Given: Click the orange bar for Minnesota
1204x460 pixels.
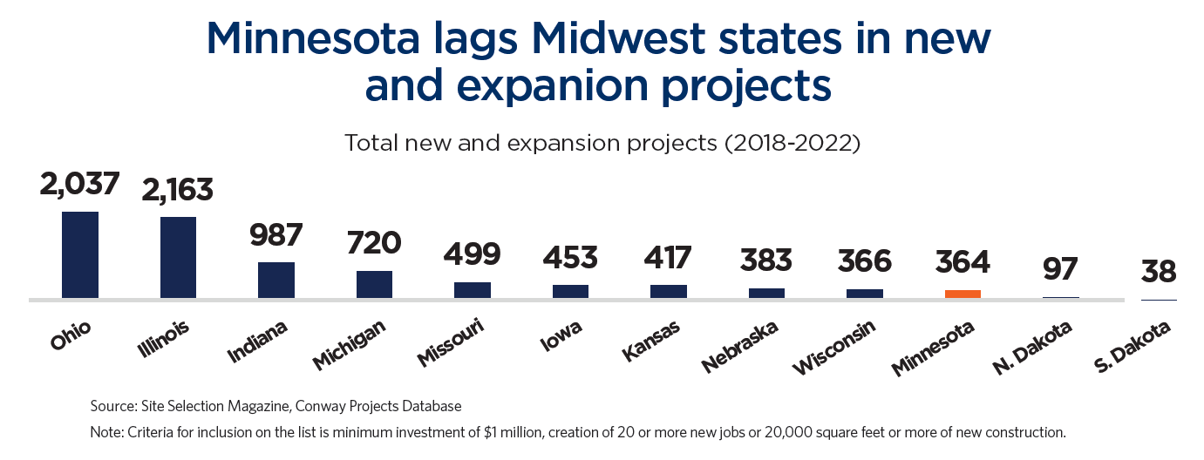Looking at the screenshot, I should pos(963,294).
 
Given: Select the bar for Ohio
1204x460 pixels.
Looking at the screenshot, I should pos(79,254).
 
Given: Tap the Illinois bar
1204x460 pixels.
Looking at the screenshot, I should pos(178,257).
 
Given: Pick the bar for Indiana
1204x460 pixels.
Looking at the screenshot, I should pos(275,280).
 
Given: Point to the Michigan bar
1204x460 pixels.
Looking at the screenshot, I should pos(374,284).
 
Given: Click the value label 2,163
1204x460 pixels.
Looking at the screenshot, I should pos(178,189).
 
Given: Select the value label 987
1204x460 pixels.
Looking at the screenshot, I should pos(275,235).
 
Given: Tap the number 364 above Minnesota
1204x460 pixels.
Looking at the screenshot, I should pos(963,261).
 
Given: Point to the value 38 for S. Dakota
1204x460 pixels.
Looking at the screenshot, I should pos(1159,272).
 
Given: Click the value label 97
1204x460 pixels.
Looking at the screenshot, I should pos(1060,269).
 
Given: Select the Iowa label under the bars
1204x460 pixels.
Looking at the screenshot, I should pos(561,335).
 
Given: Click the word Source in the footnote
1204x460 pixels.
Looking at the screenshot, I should pos(112,406).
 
